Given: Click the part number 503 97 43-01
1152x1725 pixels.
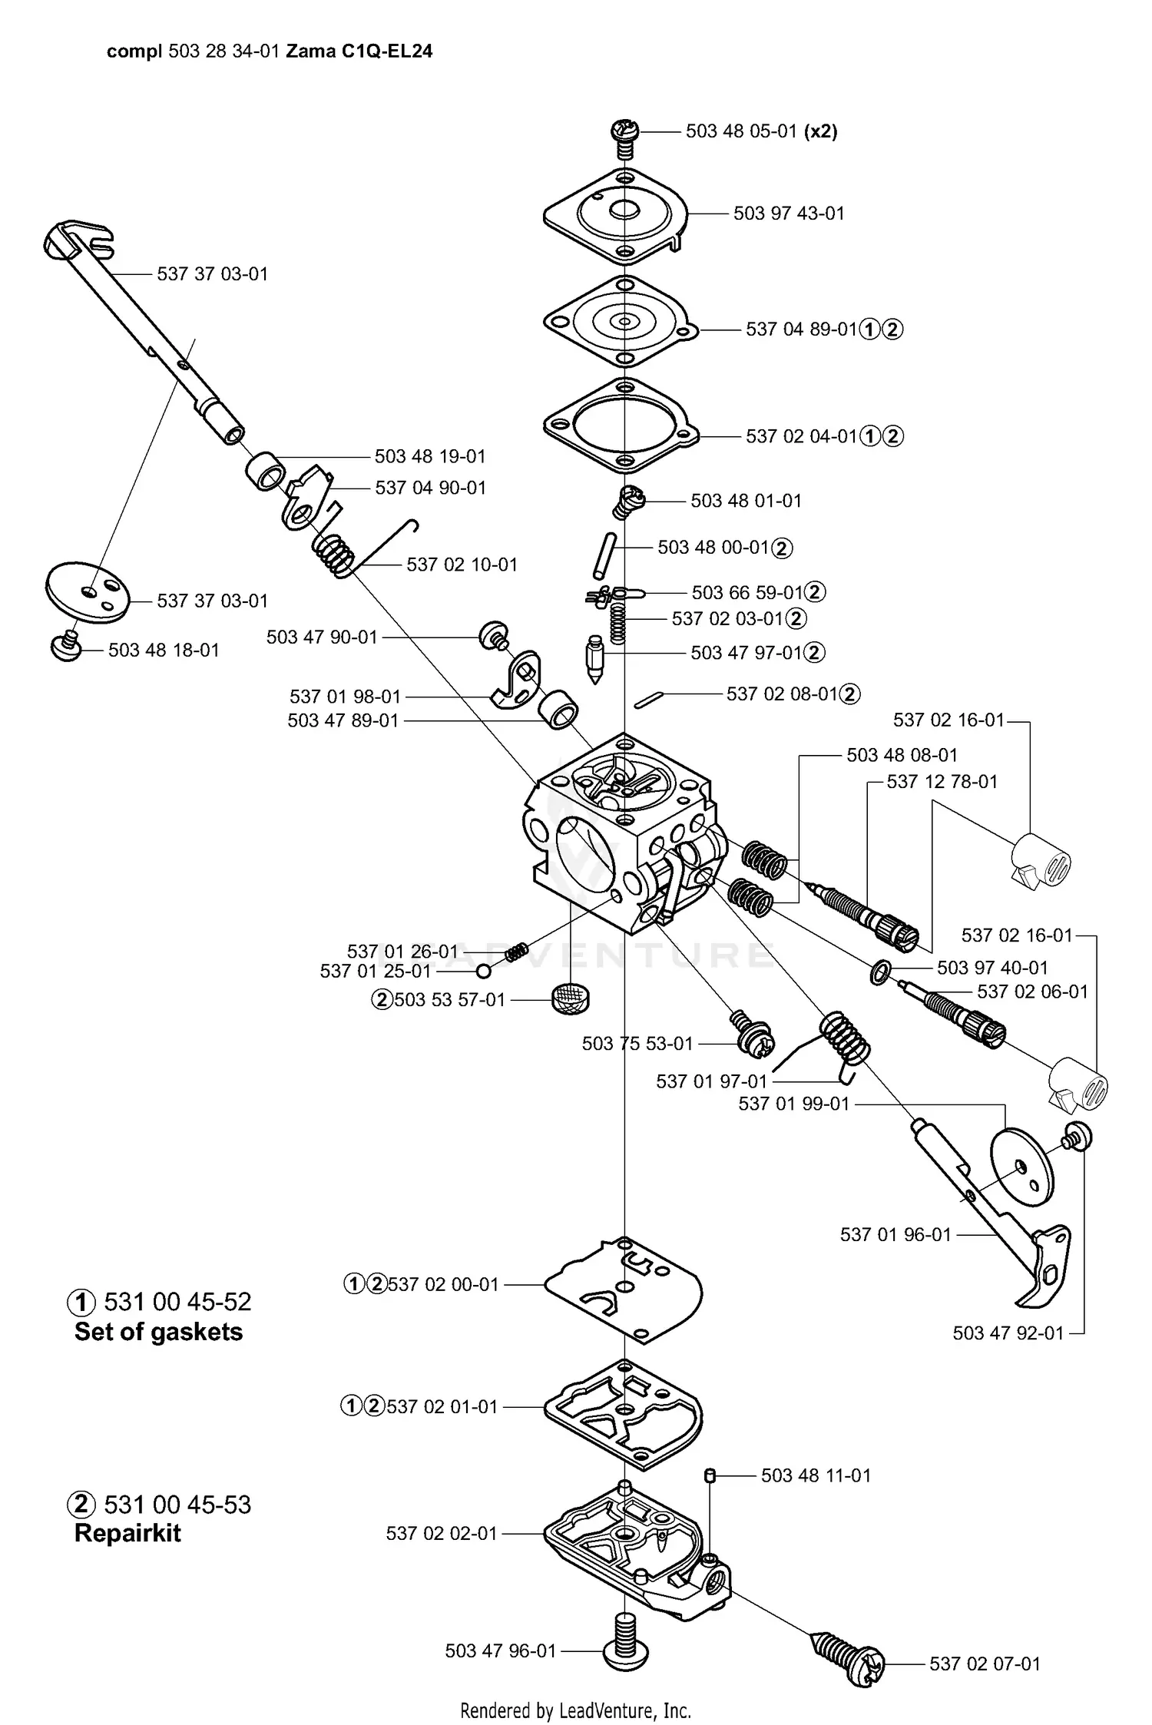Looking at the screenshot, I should point(789,214).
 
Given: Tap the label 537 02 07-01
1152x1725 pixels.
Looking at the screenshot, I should point(985,1664).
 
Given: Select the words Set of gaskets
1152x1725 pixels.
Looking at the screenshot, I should point(158,1332).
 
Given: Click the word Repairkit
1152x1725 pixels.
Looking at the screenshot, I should point(127,1534).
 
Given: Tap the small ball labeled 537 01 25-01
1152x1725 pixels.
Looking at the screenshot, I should point(484,972).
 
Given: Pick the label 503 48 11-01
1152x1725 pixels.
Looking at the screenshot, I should point(816,1475).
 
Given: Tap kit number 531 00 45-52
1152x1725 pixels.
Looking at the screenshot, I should point(177,1302).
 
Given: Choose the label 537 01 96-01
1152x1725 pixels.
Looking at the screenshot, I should point(895,1234).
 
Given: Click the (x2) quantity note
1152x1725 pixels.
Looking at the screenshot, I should point(820,131).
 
